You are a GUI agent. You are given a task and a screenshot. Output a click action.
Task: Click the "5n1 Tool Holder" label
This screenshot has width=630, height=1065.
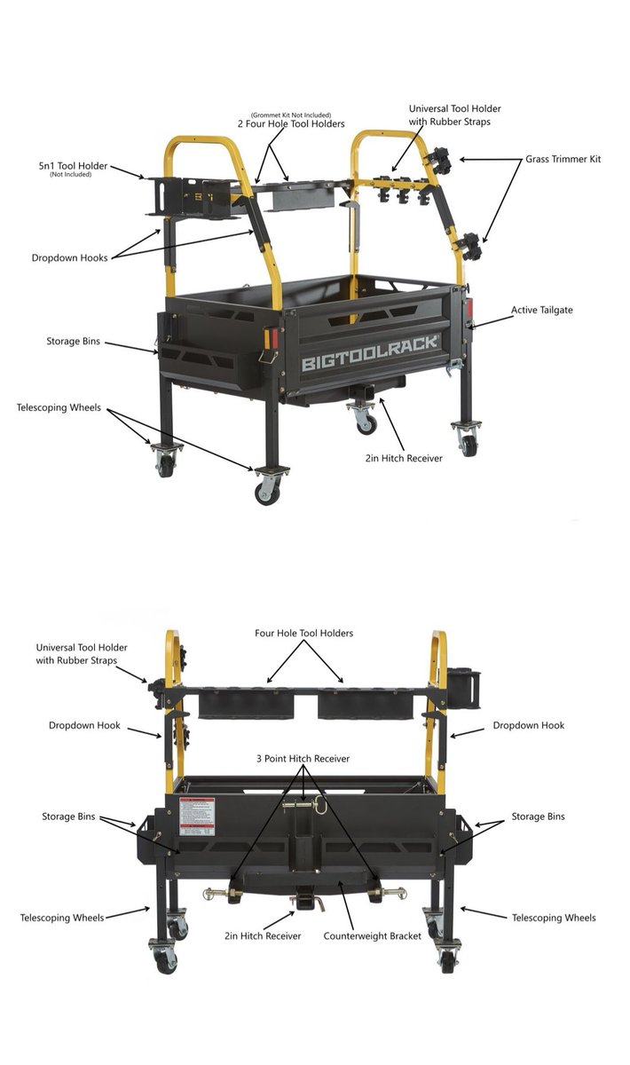[x=73, y=166]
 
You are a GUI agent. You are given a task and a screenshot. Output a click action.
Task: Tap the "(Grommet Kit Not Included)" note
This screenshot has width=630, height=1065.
[x=291, y=114]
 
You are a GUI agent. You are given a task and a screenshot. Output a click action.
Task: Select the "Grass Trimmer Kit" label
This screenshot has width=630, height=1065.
[x=563, y=159]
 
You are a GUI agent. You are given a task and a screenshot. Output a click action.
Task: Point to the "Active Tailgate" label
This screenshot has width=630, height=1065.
[x=541, y=310]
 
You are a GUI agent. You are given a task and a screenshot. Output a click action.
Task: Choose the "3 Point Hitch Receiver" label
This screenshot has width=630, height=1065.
[x=303, y=758]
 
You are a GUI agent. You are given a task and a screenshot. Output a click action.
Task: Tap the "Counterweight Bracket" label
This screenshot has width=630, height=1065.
[x=373, y=935]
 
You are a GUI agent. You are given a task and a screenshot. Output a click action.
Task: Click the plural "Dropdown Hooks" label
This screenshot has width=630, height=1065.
[x=70, y=257]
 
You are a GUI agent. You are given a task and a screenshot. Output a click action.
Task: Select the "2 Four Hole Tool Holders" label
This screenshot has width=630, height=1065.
[x=291, y=123]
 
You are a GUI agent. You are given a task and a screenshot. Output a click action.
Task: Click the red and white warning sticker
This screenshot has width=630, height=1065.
[x=197, y=816]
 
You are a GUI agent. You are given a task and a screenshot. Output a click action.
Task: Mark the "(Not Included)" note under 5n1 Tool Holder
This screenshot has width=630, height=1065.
[x=70, y=175]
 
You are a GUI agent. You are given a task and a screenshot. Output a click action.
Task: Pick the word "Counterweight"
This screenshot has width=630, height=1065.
[x=355, y=935]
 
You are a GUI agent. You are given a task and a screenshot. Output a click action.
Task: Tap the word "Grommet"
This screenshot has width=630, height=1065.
[x=266, y=114]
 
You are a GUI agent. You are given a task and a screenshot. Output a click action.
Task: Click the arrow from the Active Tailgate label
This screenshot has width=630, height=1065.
[x=493, y=321]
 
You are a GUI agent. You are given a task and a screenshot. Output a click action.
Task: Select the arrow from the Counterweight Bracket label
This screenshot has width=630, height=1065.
[x=346, y=905]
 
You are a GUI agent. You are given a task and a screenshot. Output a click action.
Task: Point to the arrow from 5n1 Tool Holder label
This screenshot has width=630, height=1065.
[x=127, y=172]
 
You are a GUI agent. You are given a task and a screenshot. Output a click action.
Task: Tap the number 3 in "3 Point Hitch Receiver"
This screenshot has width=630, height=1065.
[x=259, y=758]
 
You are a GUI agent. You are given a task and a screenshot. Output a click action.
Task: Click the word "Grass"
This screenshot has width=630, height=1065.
[x=536, y=159]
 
